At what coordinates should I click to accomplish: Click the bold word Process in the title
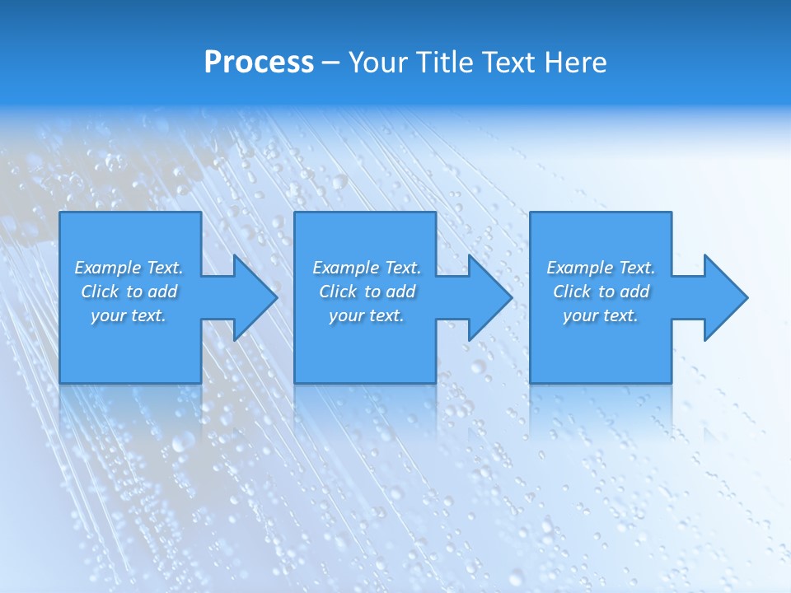259,63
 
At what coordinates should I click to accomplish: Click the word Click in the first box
100,292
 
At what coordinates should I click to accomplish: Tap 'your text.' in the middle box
366,315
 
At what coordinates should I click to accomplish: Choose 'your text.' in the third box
600,315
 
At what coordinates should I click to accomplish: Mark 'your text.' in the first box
129,315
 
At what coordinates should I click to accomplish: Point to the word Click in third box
572,292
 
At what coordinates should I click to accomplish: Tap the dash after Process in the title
330,63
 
